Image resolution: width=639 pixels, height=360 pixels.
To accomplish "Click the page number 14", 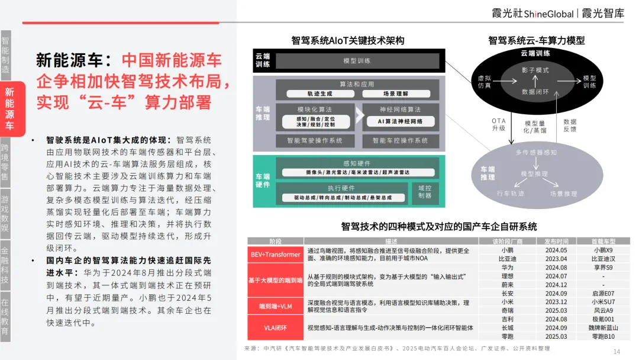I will [x=617, y=352].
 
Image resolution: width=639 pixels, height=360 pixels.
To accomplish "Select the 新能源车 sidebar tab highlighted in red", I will [x=9, y=110].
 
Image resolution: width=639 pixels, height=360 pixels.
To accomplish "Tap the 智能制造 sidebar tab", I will [x=5, y=56].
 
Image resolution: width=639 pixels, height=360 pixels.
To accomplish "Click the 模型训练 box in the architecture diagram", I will [x=357, y=61].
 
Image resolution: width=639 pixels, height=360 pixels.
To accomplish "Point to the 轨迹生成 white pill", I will [x=321, y=94].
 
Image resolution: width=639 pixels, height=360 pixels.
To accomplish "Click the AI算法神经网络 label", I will [x=400, y=121].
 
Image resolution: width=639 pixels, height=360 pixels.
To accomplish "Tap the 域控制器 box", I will [x=425, y=192].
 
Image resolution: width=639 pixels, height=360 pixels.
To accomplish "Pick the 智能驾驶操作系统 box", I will [x=314, y=141].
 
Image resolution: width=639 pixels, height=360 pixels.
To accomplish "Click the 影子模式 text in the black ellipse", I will [x=535, y=70].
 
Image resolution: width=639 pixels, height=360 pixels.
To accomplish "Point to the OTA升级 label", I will [x=498, y=124].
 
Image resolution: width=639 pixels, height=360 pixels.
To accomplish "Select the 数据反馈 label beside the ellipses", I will [x=570, y=125].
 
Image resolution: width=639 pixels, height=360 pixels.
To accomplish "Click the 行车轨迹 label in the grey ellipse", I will [x=510, y=194].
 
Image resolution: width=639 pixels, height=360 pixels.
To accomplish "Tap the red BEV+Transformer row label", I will [x=276, y=255].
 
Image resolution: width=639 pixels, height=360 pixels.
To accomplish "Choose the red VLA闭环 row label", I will [x=276, y=327].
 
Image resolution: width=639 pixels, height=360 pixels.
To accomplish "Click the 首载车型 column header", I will [x=604, y=242].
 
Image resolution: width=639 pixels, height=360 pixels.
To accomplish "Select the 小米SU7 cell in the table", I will [x=604, y=301].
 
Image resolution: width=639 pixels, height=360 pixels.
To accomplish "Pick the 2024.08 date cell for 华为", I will [x=556, y=267].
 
